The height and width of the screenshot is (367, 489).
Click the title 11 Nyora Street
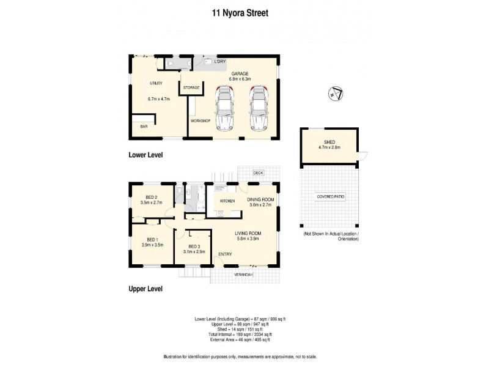click(x=244, y=12)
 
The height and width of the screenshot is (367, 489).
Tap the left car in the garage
click(x=226, y=109)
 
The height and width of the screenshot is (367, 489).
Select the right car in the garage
click(x=260, y=109)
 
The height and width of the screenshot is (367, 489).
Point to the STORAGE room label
click(x=191, y=88)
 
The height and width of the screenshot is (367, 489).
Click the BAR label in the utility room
click(x=144, y=127)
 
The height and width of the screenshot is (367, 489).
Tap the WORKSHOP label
click(x=200, y=121)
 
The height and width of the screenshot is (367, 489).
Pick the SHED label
click(x=329, y=141)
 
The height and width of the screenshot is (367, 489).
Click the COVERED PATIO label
click(x=330, y=196)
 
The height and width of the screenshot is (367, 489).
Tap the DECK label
click(x=258, y=173)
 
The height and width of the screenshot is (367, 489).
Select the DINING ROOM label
click(x=261, y=199)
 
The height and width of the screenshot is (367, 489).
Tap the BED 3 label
click(x=194, y=245)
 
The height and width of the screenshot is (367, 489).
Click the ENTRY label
click(x=225, y=254)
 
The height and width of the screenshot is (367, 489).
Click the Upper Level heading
click(x=145, y=289)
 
